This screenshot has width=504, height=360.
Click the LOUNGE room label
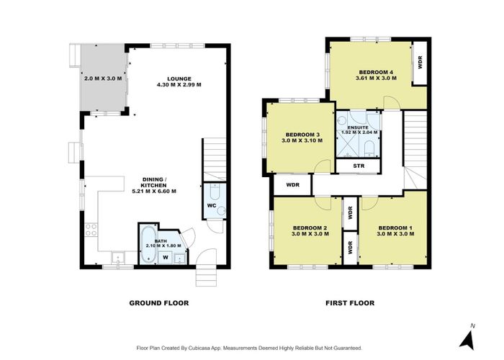pos(179,78)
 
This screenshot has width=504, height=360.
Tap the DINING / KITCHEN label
pos(154,182)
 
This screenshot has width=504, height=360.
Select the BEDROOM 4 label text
pos(376,72)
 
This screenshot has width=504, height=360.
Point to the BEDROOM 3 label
pos(302,135)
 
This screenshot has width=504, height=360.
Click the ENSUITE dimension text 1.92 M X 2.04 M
pos(358,132)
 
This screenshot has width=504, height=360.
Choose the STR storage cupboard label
pos(359,166)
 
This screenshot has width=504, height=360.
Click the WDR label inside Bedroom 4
pos(420,63)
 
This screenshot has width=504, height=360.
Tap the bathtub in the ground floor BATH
pos(148,245)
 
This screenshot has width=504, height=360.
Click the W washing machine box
pos(166,257)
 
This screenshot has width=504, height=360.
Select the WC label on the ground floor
pos(211,205)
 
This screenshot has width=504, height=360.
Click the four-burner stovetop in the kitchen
pos(91,230)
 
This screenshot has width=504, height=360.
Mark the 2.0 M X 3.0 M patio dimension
pos(103,78)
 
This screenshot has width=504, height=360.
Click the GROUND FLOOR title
pos(159,303)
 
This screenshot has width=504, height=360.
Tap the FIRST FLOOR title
pos(350,303)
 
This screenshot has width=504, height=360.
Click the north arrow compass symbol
pos(468,340)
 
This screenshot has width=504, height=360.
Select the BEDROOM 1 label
pos(395,228)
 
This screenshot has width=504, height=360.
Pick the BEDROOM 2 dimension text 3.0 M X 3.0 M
pos(310,234)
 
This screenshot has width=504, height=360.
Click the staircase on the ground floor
pos(215,159)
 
